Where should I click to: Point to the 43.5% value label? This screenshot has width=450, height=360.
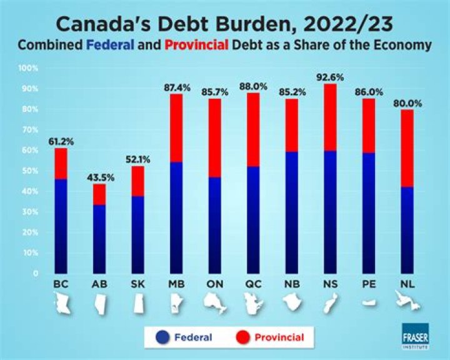99,177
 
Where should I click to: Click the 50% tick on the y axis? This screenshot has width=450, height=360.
29,171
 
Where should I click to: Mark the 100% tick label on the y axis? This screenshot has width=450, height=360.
27,67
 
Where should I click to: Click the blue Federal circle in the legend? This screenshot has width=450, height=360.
162,337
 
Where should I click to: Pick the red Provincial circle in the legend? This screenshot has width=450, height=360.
244,337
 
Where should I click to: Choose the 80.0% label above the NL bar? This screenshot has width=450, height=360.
408,102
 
